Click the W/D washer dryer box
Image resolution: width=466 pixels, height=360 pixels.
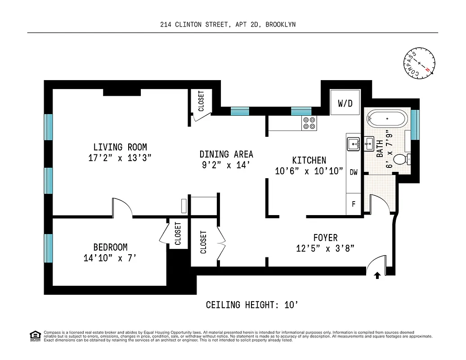click(345, 103)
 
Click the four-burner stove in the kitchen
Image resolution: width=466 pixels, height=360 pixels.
click(309, 123)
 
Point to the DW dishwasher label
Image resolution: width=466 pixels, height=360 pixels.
click(354, 172)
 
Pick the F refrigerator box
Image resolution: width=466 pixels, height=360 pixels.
click(354, 204)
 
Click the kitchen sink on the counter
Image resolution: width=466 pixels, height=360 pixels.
click(353, 144)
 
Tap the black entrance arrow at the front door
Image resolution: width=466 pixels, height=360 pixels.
click(377, 275)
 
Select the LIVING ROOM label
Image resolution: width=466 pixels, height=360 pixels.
click(120, 147)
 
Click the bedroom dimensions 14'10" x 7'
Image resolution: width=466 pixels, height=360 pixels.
click(110, 258)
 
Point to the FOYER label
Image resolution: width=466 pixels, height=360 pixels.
click(325, 238)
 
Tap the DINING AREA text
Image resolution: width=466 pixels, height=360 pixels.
click(226, 154)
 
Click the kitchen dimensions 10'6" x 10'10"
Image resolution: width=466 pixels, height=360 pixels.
click(309, 171)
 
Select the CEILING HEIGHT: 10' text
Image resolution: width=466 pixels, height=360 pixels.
click(252, 305)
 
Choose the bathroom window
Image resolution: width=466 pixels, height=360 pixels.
click(415, 124)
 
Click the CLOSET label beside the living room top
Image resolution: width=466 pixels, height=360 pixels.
click(201, 101)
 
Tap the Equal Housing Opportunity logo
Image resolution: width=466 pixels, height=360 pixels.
click(34, 336)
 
